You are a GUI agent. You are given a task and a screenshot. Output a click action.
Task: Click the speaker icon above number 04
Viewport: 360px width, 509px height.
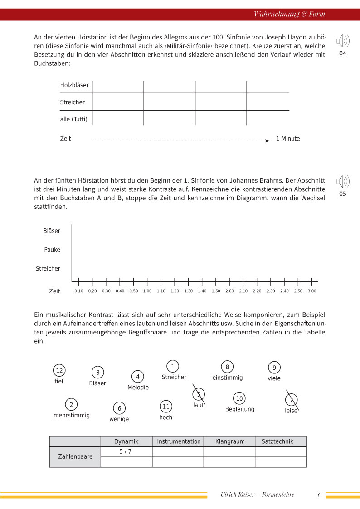[342, 42]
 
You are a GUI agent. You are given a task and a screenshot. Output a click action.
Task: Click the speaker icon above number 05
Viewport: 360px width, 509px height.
[342, 182]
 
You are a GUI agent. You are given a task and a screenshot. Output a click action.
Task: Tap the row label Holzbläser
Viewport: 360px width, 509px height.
[74, 85]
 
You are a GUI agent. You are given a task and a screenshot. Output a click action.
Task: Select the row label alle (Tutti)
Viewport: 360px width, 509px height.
[73, 119]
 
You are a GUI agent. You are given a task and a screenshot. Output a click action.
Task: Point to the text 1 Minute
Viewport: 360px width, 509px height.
[288, 139]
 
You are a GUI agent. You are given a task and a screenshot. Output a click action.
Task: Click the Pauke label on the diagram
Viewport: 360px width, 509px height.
[52, 250]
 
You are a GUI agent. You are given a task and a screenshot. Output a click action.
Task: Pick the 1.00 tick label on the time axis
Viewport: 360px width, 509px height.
[147, 291]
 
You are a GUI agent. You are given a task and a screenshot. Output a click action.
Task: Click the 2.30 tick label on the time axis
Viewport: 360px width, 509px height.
[271, 291]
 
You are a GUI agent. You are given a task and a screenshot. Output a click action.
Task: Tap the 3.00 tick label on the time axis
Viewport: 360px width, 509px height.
[312, 291]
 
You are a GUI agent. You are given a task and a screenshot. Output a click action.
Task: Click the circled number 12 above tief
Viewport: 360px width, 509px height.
[59, 371]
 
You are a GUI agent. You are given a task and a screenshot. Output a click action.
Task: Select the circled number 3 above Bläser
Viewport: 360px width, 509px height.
[97, 373]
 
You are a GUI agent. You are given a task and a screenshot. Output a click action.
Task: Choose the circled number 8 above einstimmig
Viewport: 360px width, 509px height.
[227, 367]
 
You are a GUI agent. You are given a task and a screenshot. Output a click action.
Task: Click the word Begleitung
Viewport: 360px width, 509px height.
[240, 409]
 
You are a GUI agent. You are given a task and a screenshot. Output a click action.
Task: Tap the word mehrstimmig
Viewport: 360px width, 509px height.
[72, 415]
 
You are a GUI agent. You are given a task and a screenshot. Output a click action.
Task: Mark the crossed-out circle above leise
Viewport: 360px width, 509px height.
[292, 400]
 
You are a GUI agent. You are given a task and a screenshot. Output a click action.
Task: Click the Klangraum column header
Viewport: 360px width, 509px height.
[229, 441]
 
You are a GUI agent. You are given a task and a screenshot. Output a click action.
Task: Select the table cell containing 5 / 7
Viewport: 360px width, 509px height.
[126, 451]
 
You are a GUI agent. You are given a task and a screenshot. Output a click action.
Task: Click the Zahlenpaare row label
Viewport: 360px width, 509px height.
[75, 456]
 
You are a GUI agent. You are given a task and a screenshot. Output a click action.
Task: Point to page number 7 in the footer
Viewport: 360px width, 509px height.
[318, 495]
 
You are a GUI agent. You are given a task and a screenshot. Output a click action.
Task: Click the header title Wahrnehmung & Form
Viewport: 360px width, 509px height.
[289, 14]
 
